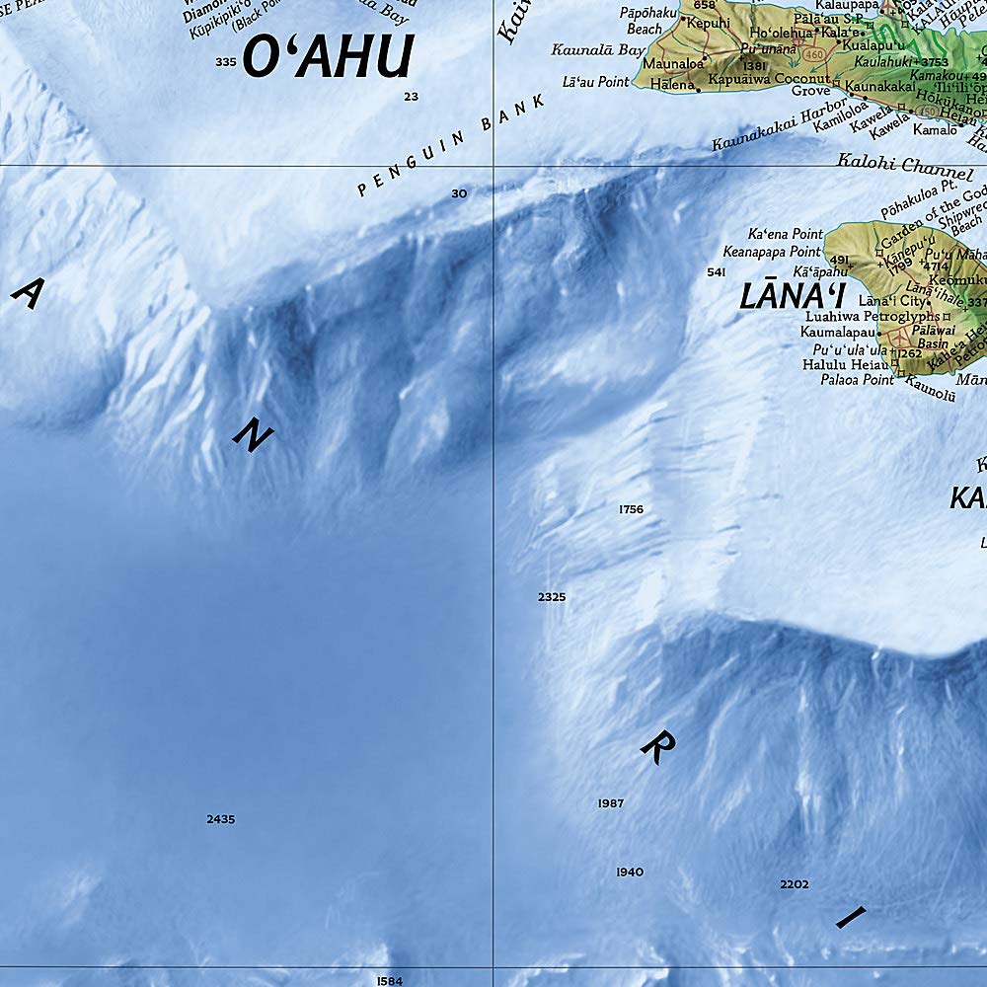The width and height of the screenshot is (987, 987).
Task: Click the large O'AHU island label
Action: tap(327, 56)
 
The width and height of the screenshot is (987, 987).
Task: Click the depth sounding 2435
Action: tap(221, 819)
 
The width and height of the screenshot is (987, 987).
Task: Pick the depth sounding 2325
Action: tap(552, 597)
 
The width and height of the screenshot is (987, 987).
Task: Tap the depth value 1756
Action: tap(631, 509)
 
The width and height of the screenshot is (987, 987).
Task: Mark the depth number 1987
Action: tap(611, 803)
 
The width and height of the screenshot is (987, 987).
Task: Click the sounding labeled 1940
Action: tap(630, 872)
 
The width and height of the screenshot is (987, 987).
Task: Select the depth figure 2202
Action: tap(794, 884)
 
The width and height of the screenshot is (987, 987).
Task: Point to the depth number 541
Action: tap(717, 271)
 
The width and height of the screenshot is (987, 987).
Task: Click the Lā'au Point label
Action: tap(595, 82)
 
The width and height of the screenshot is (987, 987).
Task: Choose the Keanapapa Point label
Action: tap(772, 252)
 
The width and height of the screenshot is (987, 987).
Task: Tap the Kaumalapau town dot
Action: tap(878, 334)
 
